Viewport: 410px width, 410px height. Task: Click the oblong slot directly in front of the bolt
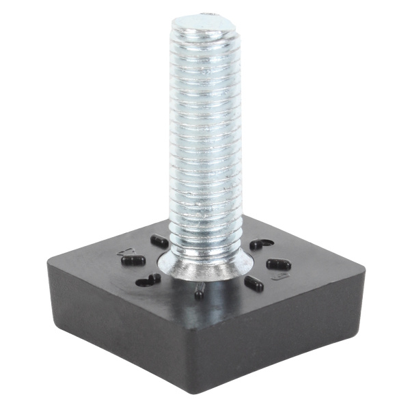coord(199,292)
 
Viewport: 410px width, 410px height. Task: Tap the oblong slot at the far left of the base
coord(133,260)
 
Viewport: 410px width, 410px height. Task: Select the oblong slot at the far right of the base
coord(278,264)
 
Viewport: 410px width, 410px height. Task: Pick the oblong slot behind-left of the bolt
coord(159,241)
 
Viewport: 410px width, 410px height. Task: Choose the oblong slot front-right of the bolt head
coord(254,284)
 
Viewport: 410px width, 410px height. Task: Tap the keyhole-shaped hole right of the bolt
coord(261,244)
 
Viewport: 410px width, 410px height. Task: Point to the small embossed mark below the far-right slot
coord(277,277)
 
